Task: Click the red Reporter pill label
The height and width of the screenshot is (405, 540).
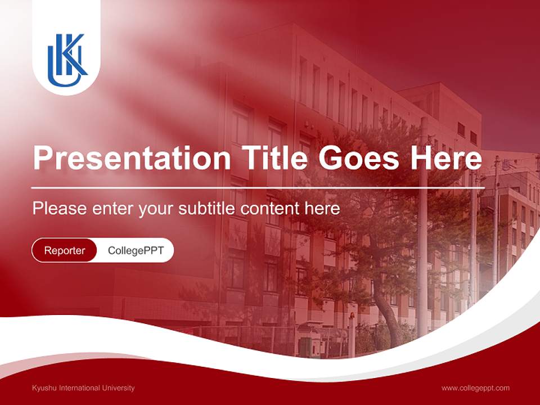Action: (x=65, y=250)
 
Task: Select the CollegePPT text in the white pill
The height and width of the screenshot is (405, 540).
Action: (x=136, y=250)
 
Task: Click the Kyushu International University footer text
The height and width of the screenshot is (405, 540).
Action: (x=83, y=388)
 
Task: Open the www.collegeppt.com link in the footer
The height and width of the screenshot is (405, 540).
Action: (x=475, y=388)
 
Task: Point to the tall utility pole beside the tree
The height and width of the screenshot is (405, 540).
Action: (x=422, y=236)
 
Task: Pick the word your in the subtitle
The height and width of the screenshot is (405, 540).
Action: (x=157, y=209)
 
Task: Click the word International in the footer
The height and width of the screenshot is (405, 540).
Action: (x=80, y=388)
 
